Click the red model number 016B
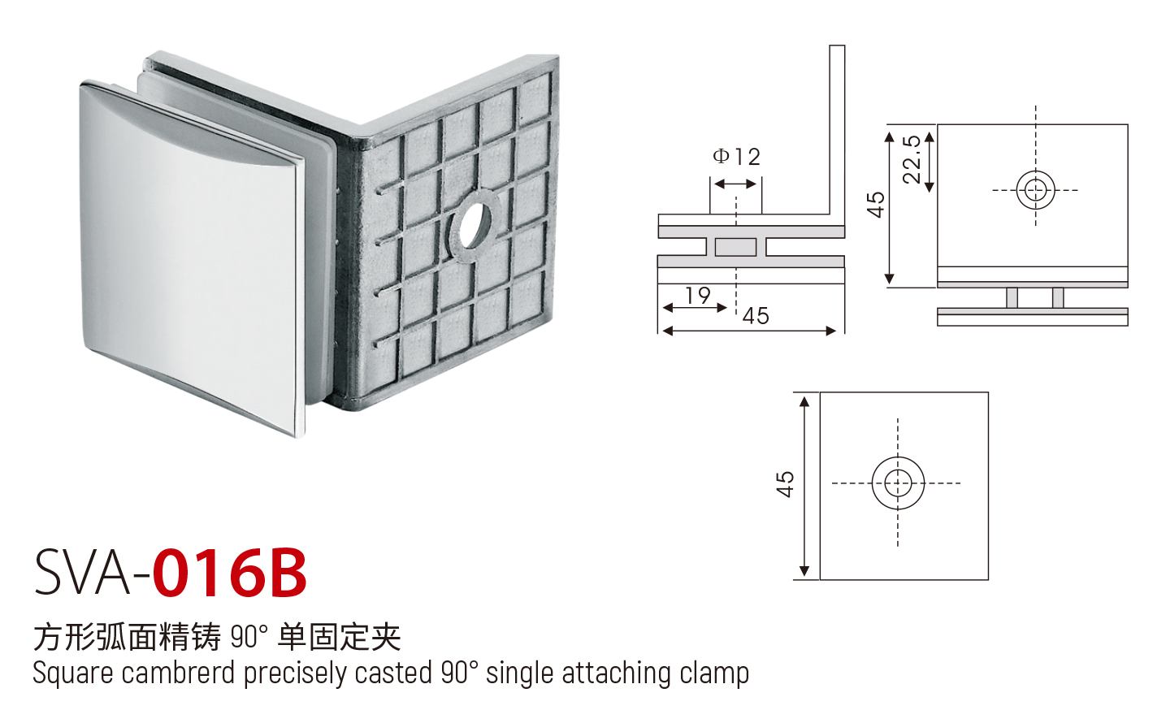(x=230, y=573)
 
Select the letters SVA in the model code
(x=81, y=573)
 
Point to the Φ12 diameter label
(x=736, y=157)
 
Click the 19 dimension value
(x=697, y=296)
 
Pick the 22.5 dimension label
(x=912, y=159)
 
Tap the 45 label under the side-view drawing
(x=756, y=316)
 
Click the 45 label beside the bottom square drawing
(x=785, y=484)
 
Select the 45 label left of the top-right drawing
(x=875, y=205)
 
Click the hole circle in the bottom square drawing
(x=898, y=483)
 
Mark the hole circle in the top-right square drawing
(x=1035, y=191)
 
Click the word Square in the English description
(x=72, y=673)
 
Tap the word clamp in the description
(x=714, y=673)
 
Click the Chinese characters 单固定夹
(x=340, y=637)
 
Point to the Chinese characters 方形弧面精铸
(x=127, y=637)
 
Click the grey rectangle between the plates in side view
(x=735, y=247)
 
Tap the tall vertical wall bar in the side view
(x=836, y=130)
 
